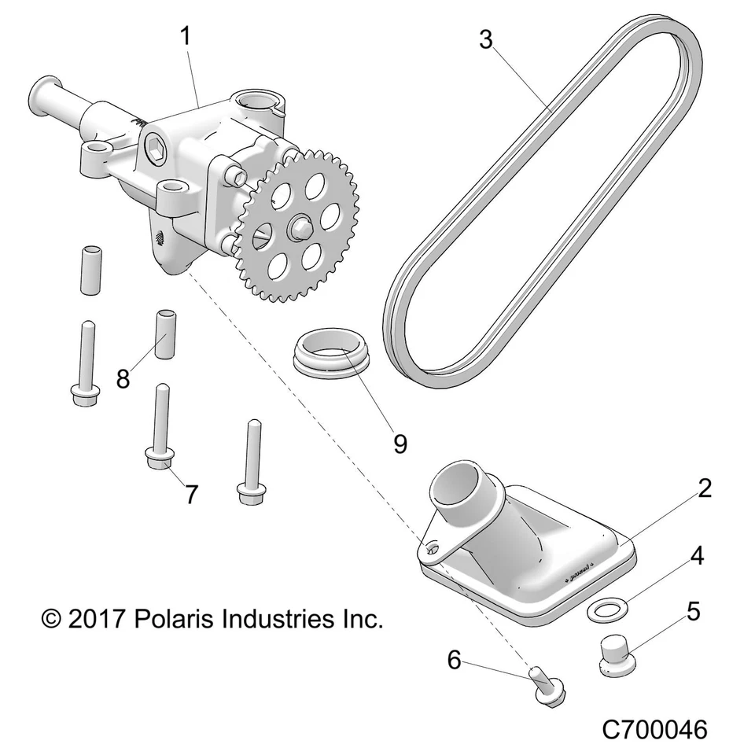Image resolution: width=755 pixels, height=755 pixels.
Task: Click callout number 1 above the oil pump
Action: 186,36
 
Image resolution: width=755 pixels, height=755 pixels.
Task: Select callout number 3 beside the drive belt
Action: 486,39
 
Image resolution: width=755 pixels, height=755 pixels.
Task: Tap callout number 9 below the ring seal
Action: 400,444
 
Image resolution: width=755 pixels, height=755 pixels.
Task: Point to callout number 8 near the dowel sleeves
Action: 123,379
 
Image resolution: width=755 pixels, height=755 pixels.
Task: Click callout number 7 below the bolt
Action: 191,494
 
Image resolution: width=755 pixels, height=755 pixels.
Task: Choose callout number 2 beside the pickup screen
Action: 704,488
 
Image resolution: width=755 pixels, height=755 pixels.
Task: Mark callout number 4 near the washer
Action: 696,556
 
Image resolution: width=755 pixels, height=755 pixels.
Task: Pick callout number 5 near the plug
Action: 693,610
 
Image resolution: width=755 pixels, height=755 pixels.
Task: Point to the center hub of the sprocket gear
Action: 298,228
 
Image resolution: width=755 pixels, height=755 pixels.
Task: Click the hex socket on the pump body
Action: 155,145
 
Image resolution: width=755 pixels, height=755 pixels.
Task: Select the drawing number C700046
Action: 654,729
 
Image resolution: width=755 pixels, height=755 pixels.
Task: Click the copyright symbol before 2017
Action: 52,620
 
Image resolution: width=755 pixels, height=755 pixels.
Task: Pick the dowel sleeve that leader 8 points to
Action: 165,334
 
